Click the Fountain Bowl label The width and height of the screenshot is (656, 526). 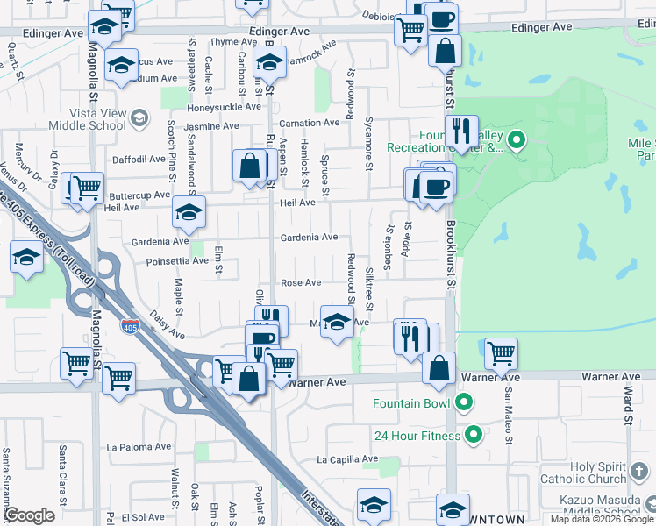click(x=411, y=403)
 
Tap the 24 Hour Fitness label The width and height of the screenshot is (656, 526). click(x=417, y=436)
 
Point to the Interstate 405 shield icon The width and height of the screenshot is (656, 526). click(x=130, y=327)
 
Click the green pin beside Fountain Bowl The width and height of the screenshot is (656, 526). click(x=464, y=403)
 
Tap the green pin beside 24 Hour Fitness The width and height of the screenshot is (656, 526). click(x=474, y=435)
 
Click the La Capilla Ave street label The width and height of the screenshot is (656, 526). click(x=347, y=459)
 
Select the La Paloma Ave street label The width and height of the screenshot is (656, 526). click(x=136, y=446)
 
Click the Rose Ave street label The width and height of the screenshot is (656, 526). click(x=301, y=282)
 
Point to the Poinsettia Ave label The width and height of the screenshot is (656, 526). click(x=178, y=260)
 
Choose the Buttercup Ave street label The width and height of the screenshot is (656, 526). click(x=138, y=195)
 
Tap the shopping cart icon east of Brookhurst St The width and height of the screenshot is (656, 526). click(x=501, y=352)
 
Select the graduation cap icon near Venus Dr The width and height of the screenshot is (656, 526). click(x=26, y=257)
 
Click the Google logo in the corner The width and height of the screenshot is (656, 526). click(x=30, y=515)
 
